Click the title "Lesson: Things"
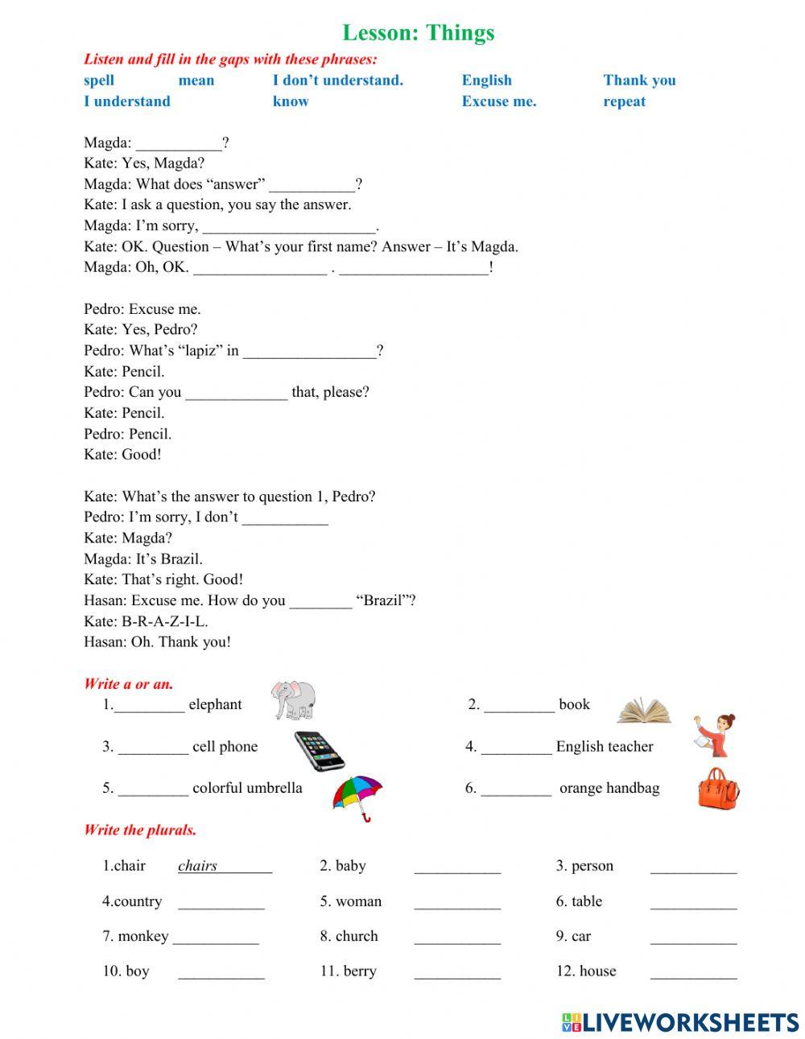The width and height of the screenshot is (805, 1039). (x=418, y=33)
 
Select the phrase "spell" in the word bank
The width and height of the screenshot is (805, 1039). (x=99, y=80)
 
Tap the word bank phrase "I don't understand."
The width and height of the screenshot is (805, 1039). (x=337, y=80)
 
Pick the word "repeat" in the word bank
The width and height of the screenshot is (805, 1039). (x=624, y=101)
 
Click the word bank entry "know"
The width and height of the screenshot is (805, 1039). (x=291, y=101)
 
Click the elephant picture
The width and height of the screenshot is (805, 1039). (x=293, y=699)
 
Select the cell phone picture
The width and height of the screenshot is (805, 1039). (x=319, y=751)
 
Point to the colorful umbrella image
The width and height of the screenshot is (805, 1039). (x=357, y=797)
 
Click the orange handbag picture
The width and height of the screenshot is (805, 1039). (x=717, y=788)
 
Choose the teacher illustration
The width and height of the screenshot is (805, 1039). (x=716, y=734)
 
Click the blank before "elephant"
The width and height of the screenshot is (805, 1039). (x=150, y=706)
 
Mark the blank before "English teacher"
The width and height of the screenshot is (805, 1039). (x=516, y=748)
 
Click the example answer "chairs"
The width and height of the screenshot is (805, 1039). (x=198, y=866)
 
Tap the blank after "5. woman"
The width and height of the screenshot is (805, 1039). (x=457, y=903)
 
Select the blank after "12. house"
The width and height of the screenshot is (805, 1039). (x=693, y=972)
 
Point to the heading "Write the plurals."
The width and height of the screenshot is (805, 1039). (x=140, y=830)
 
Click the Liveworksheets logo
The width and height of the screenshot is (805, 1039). (x=680, y=1022)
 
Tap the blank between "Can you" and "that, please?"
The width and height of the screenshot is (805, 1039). (x=236, y=393)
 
